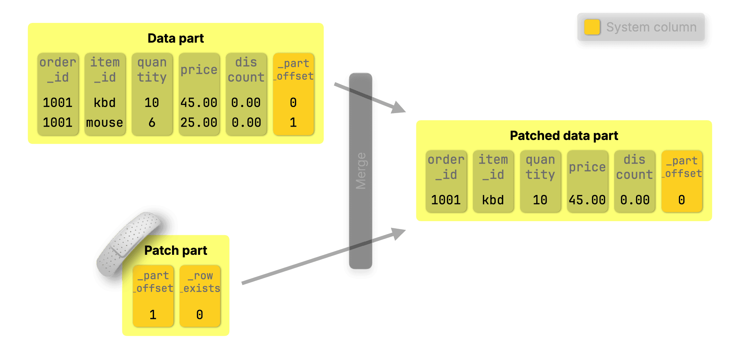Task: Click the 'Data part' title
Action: tap(176, 38)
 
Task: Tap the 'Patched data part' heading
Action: tap(564, 136)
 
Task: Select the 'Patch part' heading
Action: tap(176, 250)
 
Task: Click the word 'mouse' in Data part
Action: tap(104, 123)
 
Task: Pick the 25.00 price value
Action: tap(199, 123)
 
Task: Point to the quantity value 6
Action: tap(152, 123)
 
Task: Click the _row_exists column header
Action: tap(200, 282)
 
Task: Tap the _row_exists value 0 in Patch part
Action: tap(200, 315)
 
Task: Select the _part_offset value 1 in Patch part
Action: tap(153, 315)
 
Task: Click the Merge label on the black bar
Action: tap(361, 171)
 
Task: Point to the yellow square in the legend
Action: tap(592, 27)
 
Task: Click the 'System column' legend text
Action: tap(651, 27)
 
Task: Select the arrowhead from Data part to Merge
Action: tap(399, 108)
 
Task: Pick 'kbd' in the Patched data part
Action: tap(493, 200)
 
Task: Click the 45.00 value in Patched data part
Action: tap(587, 200)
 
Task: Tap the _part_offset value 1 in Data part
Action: tap(293, 123)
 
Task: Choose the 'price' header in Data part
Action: tap(199, 70)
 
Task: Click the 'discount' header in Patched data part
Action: tap(635, 167)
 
